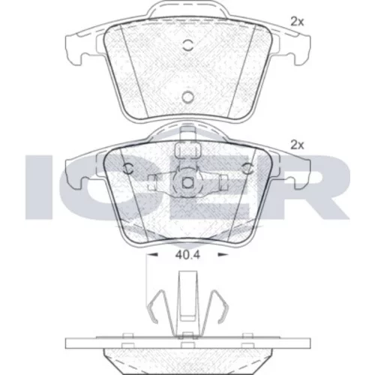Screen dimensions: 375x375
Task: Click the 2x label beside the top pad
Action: (x=297, y=22)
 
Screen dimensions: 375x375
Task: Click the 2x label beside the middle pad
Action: (x=297, y=145)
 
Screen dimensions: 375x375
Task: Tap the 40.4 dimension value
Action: (x=187, y=255)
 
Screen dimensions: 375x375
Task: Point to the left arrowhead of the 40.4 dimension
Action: (x=152, y=255)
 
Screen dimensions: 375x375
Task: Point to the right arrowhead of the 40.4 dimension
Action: (x=223, y=255)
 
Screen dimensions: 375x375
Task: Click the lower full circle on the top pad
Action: (x=187, y=97)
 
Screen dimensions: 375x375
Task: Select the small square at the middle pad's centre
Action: (x=187, y=182)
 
